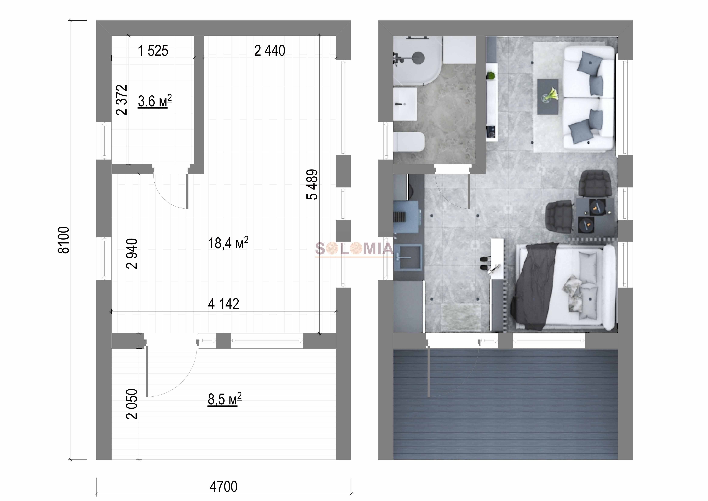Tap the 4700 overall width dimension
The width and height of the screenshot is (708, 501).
coord(224,487)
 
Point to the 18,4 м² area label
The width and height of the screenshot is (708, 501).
coord(228,243)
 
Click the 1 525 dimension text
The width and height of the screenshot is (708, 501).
coord(153,51)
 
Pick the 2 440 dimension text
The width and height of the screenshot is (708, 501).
coord(269,51)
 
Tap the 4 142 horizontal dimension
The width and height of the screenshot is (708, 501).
coord(224,304)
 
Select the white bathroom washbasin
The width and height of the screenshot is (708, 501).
coord(405,104)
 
